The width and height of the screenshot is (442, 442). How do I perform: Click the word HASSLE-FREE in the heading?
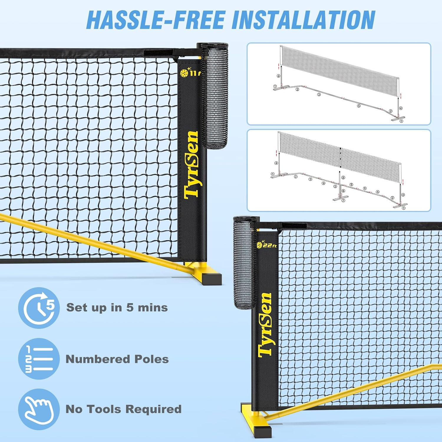click(156, 20)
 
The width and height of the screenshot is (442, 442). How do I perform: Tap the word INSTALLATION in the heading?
click(304, 20)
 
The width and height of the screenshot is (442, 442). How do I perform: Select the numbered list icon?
click(39, 359)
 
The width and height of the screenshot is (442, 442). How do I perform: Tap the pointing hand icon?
click(39, 409)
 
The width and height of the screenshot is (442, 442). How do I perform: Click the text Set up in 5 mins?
click(117, 308)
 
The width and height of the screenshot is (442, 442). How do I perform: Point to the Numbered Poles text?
click(117, 359)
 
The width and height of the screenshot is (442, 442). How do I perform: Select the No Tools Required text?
click(123, 409)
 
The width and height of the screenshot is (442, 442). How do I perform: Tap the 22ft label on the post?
click(267, 245)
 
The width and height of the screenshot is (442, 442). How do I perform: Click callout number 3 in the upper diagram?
click(319, 95)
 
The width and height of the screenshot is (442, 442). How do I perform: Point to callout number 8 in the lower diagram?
click(343, 178)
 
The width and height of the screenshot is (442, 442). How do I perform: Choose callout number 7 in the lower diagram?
click(343, 201)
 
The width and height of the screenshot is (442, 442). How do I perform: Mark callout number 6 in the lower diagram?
click(343, 191)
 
